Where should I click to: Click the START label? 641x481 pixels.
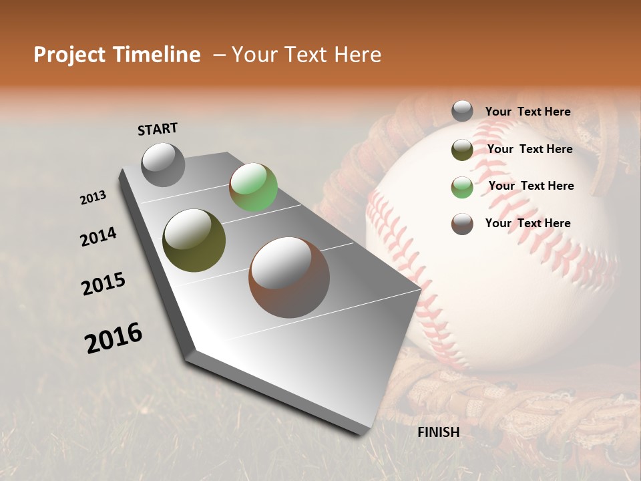pyautogui.click(x=158, y=129)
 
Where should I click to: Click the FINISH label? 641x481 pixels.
pyautogui.click(x=439, y=432)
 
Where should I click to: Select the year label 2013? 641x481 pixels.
pyautogui.click(x=93, y=198)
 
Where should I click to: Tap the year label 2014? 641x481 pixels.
pyautogui.click(x=99, y=236)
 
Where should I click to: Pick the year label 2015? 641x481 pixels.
pyautogui.click(x=103, y=284)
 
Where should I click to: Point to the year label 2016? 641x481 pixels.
pyautogui.click(x=114, y=337)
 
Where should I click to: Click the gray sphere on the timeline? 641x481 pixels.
pyautogui.click(x=163, y=164)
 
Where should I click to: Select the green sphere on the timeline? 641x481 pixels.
pyautogui.click(x=253, y=188)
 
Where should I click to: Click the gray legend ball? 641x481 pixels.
pyautogui.click(x=462, y=111)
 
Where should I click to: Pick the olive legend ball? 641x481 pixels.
pyautogui.click(x=462, y=150)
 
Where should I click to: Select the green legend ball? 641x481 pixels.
pyautogui.click(x=462, y=187)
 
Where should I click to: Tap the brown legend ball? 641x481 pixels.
pyautogui.click(x=462, y=224)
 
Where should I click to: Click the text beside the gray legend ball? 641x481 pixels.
pyautogui.click(x=527, y=112)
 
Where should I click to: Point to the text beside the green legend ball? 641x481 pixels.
pyautogui.click(x=531, y=186)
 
